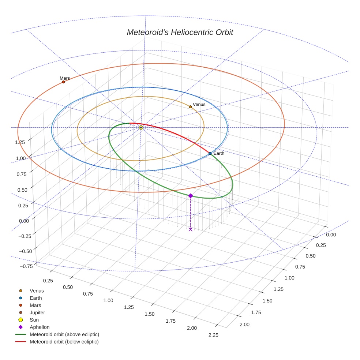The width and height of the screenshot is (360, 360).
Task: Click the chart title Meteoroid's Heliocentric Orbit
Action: click(180, 32)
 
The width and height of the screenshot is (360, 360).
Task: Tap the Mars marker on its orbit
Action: click(63, 82)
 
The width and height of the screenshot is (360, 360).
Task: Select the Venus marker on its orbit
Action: click(190, 107)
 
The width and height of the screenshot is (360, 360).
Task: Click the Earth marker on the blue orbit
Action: click(210, 153)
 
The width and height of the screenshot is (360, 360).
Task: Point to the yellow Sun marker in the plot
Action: click(141, 128)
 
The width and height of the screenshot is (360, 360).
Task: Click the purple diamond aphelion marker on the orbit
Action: click(190, 196)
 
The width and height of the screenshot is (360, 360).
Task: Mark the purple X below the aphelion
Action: click(190, 229)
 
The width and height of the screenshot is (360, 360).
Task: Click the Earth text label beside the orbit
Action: click(219, 153)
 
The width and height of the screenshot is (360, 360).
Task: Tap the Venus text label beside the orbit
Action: click(199, 104)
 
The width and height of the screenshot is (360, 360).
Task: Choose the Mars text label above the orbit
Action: click(65, 78)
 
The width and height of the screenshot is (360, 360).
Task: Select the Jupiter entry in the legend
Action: click(37, 312)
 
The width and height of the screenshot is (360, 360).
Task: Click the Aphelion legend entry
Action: click(40, 327)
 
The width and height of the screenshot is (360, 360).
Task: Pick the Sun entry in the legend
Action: click(34, 320)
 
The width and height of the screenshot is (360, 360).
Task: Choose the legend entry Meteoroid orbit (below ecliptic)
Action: click(64, 342)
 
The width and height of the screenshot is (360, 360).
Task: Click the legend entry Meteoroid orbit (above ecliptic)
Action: click(64, 334)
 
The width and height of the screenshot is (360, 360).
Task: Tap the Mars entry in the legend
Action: click(35, 305)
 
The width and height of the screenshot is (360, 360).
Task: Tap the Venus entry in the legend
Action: click(37, 290)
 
